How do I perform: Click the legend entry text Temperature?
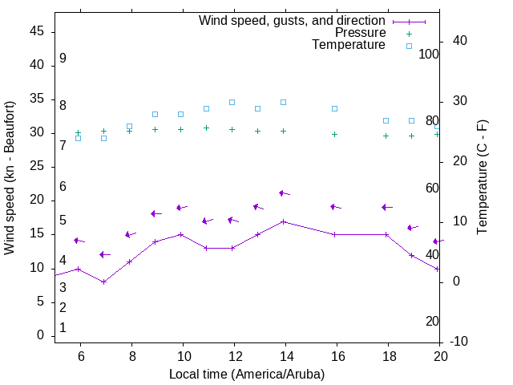tap(349, 45)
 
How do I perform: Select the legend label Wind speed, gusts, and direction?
tap(293, 20)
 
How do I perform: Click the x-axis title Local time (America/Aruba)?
tap(247, 374)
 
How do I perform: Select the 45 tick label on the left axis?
tap(37, 31)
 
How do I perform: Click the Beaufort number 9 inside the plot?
tap(63, 59)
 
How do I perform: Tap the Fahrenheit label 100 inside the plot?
tap(429, 54)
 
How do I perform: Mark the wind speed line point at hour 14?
tap(283, 221)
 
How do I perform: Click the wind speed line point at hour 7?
tap(103, 282)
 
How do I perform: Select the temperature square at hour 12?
tap(232, 102)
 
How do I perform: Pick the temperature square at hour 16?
tap(334, 108)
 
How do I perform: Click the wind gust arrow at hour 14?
tap(283, 193)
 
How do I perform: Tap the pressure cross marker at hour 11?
tap(206, 128)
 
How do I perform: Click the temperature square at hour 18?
tap(386, 120)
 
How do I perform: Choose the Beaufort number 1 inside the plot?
tap(63, 327)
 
